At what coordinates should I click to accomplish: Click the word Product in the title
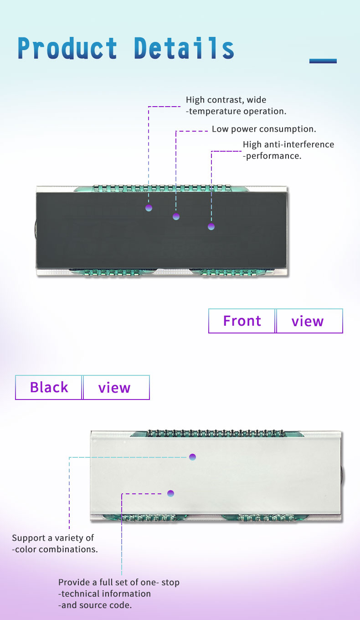pyautogui.click(x=67, y=48)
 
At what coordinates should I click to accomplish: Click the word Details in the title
pyautogui.click(x=184, y=48)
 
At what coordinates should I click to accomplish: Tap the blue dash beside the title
pyautogui.click(x=323, y=61)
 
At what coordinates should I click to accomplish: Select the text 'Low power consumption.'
pyautogui.click(x=264, y=129)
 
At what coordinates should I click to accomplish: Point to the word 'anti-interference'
pyautogui.click(x=299, y=144)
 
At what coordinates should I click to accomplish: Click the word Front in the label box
pyautogui.click(x=242, y=321)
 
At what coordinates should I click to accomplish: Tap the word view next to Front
pyautogui.click(x=308, y=322)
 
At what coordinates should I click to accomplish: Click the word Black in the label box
pyautogui.click(x=49, y=387)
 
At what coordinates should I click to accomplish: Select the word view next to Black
pyautogui.click(x=114, y=388)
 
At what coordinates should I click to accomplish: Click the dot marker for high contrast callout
pyautogui.click(x=149, y=208)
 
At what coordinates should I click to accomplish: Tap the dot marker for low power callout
pyautogui.click(x=176, y=216)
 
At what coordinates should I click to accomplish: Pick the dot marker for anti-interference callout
pyautogui.click(x=211, y=227)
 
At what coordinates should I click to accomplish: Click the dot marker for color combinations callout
pyautogui.click(x=192, y=457)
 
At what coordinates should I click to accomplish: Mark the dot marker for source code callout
pyautogui.click(x=170, y=493)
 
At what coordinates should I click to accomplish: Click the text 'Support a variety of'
pyautogui.click(x=53, y=538)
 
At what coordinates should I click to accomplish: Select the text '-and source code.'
pyautogui.click(x=95, y=605)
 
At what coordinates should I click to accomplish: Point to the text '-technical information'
pyautogui.click(x=104, y=594)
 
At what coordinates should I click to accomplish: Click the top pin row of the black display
pyautogui.click(x=162, y=188)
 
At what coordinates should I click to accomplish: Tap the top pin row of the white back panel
pyautogui.click(x=216, y=433)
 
